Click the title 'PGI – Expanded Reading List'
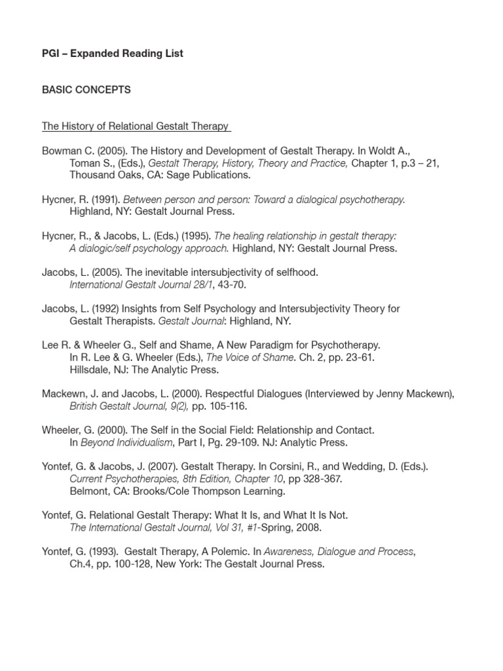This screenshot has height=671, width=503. point(113,54)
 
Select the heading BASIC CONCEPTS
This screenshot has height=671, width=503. point(86,90)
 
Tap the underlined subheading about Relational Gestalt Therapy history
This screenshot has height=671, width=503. point(136,126)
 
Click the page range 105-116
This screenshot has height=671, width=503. point(230,406)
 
